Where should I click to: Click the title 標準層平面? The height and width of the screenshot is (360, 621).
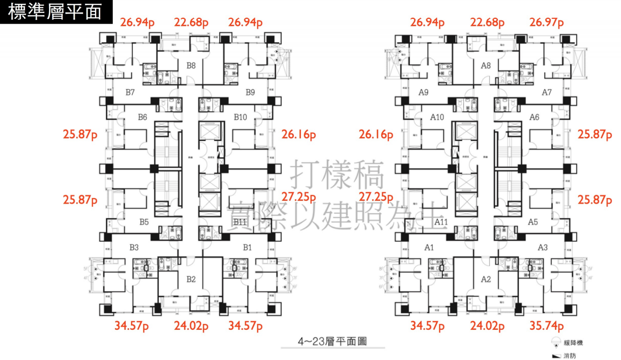56,11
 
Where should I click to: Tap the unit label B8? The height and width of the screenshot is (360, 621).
191,66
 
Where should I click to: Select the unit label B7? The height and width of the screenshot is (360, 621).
130,92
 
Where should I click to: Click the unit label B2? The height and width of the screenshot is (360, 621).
191,279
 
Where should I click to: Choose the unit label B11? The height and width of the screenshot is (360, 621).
241,222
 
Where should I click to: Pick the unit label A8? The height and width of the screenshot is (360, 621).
485,66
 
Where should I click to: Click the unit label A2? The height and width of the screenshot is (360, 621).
485,279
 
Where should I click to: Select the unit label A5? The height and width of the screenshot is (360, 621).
534,222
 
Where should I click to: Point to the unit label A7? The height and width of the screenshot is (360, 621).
546,92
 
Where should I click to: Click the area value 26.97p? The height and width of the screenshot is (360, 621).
546,23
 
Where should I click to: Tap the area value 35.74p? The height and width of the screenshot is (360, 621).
546,326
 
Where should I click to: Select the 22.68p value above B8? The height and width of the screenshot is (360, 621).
191,23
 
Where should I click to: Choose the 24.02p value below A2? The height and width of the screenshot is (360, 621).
487,326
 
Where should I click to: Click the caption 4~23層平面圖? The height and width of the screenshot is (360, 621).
332,341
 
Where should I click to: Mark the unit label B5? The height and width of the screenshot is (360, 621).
144,222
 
